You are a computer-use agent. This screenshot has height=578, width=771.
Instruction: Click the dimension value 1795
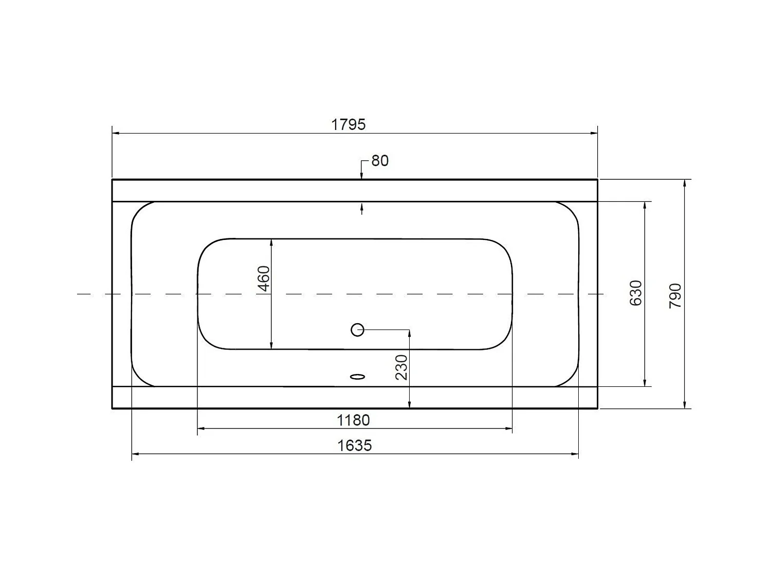tap(348, 124)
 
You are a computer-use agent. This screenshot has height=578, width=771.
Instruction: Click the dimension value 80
tap(380, 161)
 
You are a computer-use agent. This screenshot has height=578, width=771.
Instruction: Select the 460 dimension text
tap(264, 278)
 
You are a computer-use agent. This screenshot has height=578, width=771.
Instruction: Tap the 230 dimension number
tap(402, 367)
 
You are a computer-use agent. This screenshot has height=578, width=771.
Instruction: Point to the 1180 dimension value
tap(353, 420)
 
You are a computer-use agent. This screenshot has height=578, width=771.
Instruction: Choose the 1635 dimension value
tap(354, 445)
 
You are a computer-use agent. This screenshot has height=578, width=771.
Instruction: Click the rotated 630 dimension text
tap(636, 293)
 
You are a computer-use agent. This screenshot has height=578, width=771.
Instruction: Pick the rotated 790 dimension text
tap(675, 295)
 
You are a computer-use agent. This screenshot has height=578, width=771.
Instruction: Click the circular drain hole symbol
tap(357, 330)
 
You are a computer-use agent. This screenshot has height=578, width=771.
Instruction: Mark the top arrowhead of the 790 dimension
tap(684, 183)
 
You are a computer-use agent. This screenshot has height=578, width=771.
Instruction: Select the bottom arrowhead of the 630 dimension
tap(645, 382)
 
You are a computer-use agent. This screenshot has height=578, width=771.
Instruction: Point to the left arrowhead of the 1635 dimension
tap(136, 454)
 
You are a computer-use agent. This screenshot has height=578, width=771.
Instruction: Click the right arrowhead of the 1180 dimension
tap(508, 428)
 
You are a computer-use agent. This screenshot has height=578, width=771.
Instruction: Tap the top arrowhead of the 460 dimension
tap(271, 243)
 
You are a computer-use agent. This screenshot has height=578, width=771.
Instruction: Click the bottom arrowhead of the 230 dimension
tap(409, 405)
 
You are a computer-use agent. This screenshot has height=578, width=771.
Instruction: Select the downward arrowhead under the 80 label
tap(362, 176)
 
